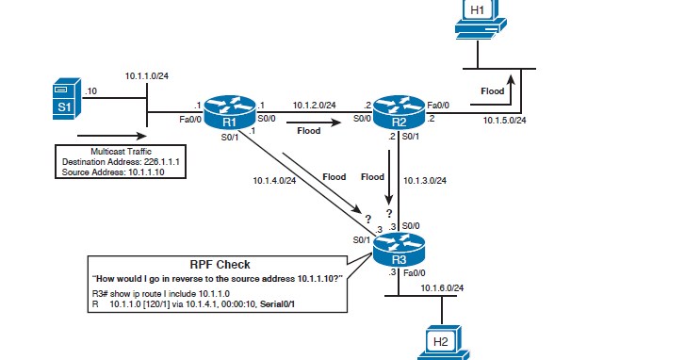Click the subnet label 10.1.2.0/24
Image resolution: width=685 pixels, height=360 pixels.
314,106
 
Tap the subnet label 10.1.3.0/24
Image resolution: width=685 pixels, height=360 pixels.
424,180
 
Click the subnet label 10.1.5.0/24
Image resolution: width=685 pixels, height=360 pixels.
504,121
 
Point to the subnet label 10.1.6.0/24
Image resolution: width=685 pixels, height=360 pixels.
442,287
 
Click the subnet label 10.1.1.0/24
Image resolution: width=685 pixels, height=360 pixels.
146,74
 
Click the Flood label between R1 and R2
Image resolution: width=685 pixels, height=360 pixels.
309,131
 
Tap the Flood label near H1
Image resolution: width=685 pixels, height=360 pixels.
493,91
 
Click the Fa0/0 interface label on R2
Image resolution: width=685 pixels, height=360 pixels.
438,106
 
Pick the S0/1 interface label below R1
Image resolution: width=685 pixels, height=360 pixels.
229,139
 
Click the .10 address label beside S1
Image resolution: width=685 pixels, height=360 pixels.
90,91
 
